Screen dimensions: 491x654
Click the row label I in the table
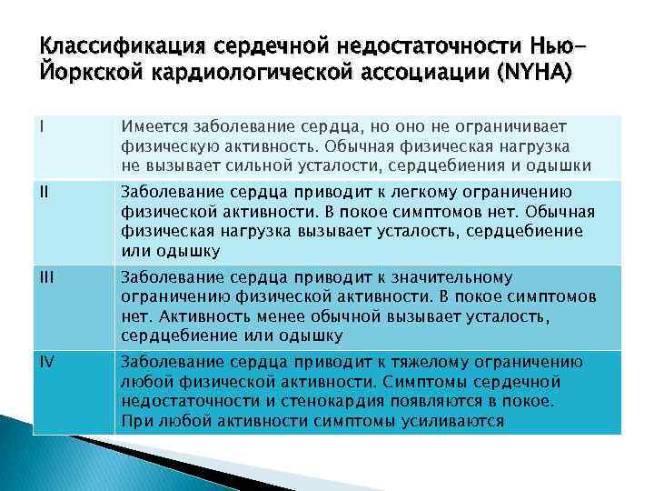(x=42, y=126)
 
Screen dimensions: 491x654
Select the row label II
(x=44, y=192)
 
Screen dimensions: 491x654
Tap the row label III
(x=45, y=276)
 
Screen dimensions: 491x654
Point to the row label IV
(x=46, y=361)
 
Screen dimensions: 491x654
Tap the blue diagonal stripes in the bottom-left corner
(x=36, y=455)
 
